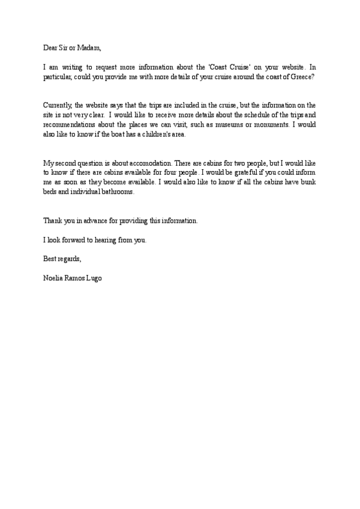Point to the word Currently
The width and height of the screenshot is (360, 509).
tap(57, 104)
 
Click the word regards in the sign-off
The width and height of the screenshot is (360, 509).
tap(67, 259)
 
